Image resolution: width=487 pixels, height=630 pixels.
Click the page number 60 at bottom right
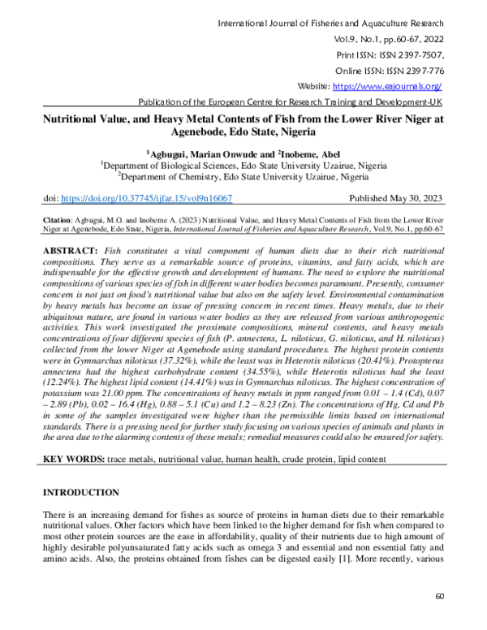pos(439,596)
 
